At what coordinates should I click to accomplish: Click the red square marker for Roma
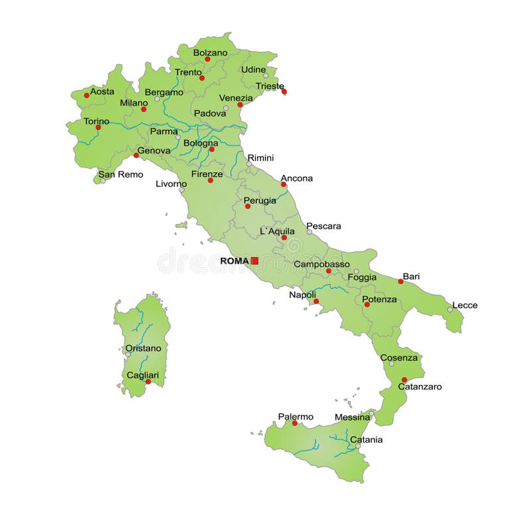click(x=254, y=261)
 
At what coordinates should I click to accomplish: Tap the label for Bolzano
click(x=210, y=52)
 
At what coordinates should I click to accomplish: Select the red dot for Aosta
click(x=86, y=95)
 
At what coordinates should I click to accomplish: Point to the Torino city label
click(x=96, y=121)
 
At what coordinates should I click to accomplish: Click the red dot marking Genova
click(x=136, y=155)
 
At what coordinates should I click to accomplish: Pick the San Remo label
click(x=121, y=174)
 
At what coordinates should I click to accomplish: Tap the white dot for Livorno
click(x=182, y=190)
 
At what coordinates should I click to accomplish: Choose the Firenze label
click(x=207, y=174)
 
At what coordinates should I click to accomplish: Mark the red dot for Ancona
click(x=284, y=184)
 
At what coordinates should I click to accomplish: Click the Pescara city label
click(x=323, y=226)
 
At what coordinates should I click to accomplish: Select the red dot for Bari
click(x=400, y=282)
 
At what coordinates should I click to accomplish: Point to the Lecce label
click(x=465, y=306)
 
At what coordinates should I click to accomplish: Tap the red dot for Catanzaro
click(x=404, y=380)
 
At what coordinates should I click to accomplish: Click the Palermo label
click(x=296, y=417)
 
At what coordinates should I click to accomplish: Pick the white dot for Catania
click(x=359, y=447)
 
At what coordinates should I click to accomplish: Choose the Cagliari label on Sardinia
click(x=142, y=375)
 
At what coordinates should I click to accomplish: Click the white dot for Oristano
click(x=128, y=354)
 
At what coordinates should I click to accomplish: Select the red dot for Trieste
click(x=284, y=91)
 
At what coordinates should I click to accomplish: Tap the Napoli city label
click(x=302, y=295)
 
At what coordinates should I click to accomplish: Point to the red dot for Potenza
click(x=367, y=304)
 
